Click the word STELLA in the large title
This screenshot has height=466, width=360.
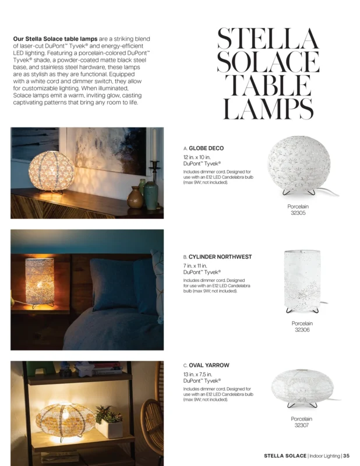pyautogui.click(x=267, y=40)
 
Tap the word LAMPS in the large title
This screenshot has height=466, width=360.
pyautogui.click(x=267, y=110)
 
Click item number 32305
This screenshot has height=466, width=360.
pyautogui.click(x=298, y=213)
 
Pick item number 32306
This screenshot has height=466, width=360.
pyautogui.click(x=302, y=330)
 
